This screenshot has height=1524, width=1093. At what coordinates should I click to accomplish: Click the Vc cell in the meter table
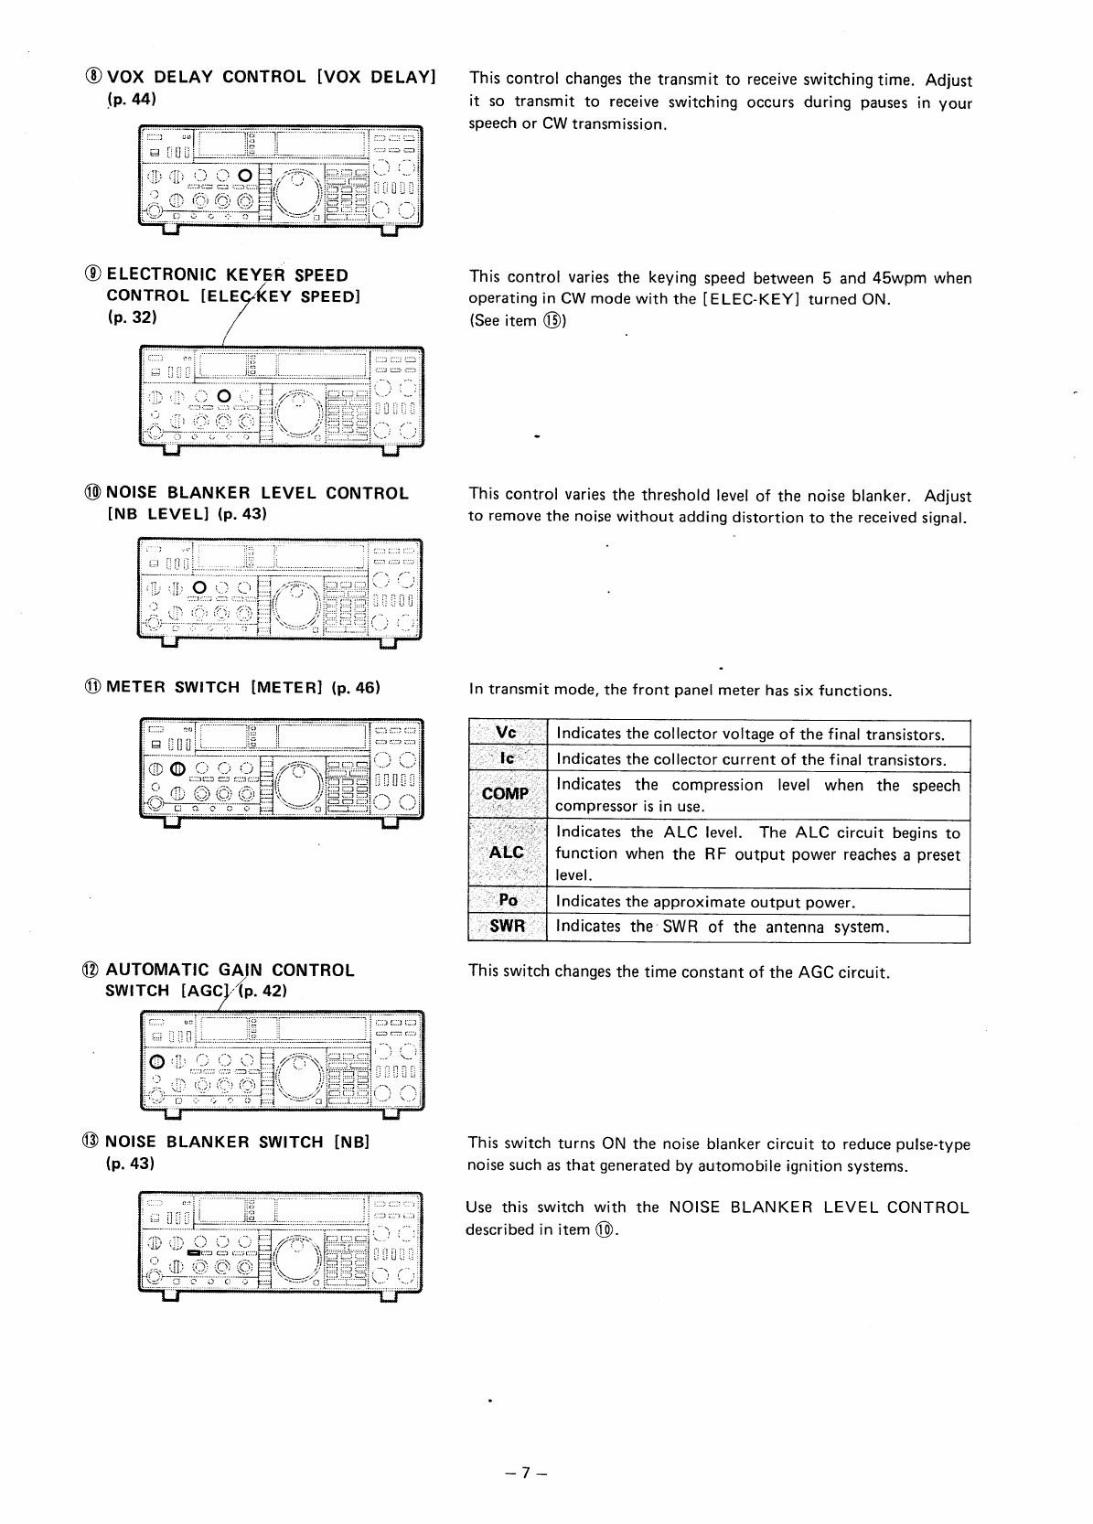tap(506, 734)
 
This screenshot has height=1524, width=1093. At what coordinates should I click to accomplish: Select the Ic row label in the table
tap(506, 759)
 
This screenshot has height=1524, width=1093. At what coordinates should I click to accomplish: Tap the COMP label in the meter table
tap(506, 794)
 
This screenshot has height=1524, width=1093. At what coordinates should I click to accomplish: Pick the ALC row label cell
tap(506, 853)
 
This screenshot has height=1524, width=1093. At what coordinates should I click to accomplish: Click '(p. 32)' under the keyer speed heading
tap(133, 317)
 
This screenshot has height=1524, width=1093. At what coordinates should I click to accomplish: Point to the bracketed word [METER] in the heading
tap(288, 687)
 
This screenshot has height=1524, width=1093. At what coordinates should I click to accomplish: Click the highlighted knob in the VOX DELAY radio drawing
tap(244, 175)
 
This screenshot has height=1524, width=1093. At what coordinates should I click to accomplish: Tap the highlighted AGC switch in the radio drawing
tap(156, 1062)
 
